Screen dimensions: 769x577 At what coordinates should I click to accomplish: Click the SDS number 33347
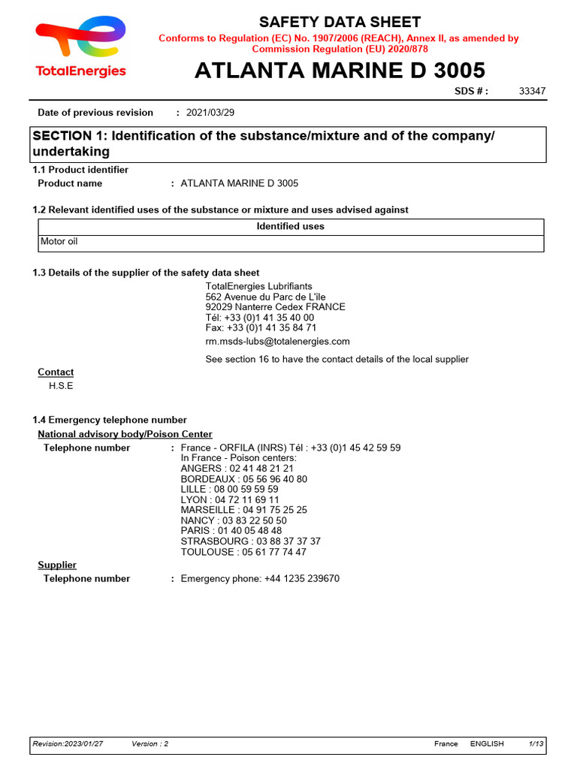click(532, 92)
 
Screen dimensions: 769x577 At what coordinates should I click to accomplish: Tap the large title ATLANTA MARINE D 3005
click(340, 71)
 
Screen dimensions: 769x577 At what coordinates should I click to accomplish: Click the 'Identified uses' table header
click(290, 226)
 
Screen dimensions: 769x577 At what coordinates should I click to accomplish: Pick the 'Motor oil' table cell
click(59, 242)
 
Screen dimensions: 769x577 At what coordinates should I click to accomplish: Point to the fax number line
click(261, 328)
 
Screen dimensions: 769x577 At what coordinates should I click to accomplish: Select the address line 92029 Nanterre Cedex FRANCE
click(275, 307)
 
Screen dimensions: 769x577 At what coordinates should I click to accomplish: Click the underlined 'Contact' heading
click(56, 372)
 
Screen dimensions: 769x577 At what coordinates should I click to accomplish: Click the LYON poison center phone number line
click(230, 499)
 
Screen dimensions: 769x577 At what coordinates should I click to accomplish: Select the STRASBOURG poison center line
click(250, 541)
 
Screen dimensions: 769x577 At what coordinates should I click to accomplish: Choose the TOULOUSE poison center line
click(243, 552)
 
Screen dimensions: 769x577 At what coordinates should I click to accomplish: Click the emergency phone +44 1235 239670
click(260, 579)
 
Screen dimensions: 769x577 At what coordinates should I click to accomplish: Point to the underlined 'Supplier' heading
click(57, 565)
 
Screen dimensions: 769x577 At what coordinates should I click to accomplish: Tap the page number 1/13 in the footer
click(536, 743)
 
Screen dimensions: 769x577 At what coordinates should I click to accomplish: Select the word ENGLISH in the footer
click(487, 743)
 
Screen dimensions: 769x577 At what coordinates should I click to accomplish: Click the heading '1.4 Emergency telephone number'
click(110, 420)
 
